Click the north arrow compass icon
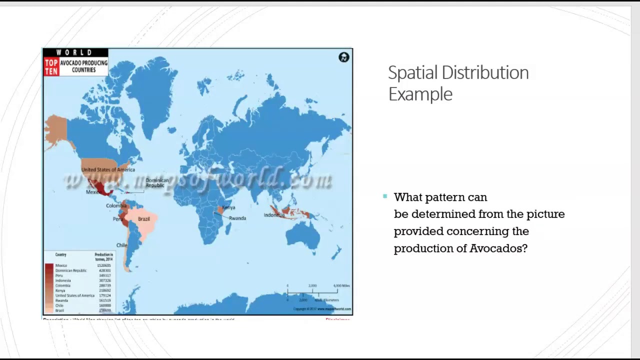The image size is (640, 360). [x=343, y=57]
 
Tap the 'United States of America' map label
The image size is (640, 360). [x=108, y=169]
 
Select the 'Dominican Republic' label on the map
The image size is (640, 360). [x=157, y=183]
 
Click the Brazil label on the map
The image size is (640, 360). [x=144, y=219]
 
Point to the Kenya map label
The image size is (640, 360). [x=228, y=207]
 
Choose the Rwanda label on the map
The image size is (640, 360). [x=237, y=218]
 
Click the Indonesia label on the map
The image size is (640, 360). [x=274, y=215]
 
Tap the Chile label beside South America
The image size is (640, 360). [x=122, y=245]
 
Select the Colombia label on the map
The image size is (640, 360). [x=116, y=205]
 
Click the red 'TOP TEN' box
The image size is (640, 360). [x=51, y=66]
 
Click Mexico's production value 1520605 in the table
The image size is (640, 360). [x=104, y=265]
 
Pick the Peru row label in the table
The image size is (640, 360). [x=59, y=275]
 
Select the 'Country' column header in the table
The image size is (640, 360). [x=60, y=255]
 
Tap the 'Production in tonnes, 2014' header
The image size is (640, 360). [x=104, y=257]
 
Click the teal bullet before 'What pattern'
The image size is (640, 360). [x=385, y=196]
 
